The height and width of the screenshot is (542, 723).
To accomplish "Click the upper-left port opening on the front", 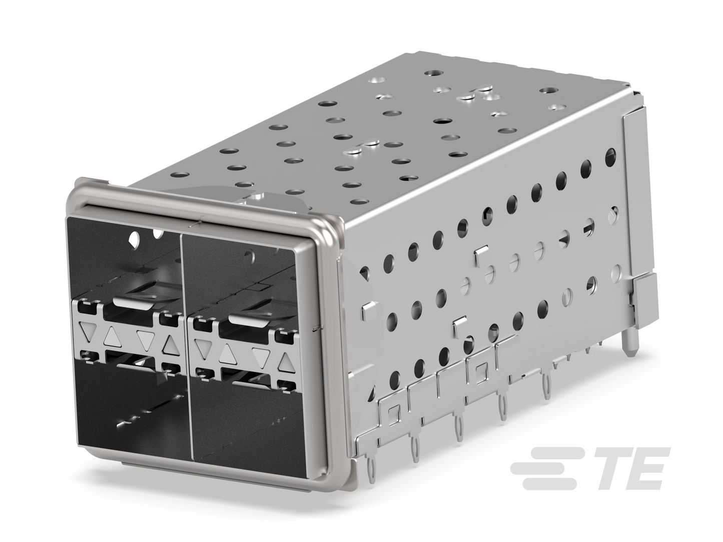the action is tap(125, 260).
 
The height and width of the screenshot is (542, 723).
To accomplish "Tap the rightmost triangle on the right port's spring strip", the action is tap(286, 362).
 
